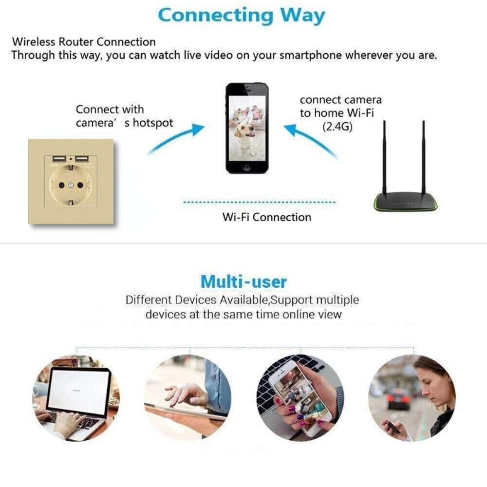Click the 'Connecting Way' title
point(242,16)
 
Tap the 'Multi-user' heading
point(243,281)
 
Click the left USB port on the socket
point(59,159)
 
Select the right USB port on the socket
point(82,159)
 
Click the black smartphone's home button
point(247,168)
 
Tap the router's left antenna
point(385,157)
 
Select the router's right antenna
point(424,157)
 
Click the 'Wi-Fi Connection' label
point(267,217)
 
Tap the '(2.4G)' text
point(337,127)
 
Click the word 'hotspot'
point(153,123)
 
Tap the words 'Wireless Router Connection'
point(84,42)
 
